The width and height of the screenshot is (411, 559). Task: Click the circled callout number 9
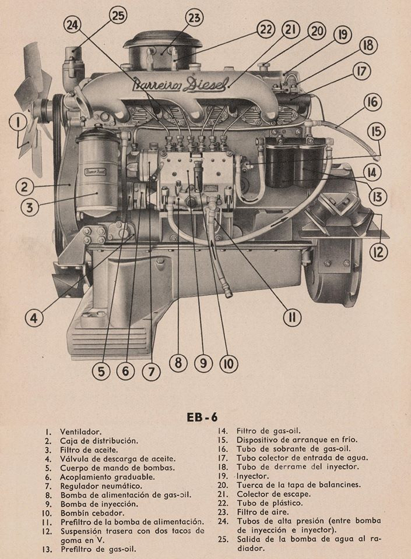point(203,363)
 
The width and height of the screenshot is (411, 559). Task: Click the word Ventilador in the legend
point(80,431)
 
